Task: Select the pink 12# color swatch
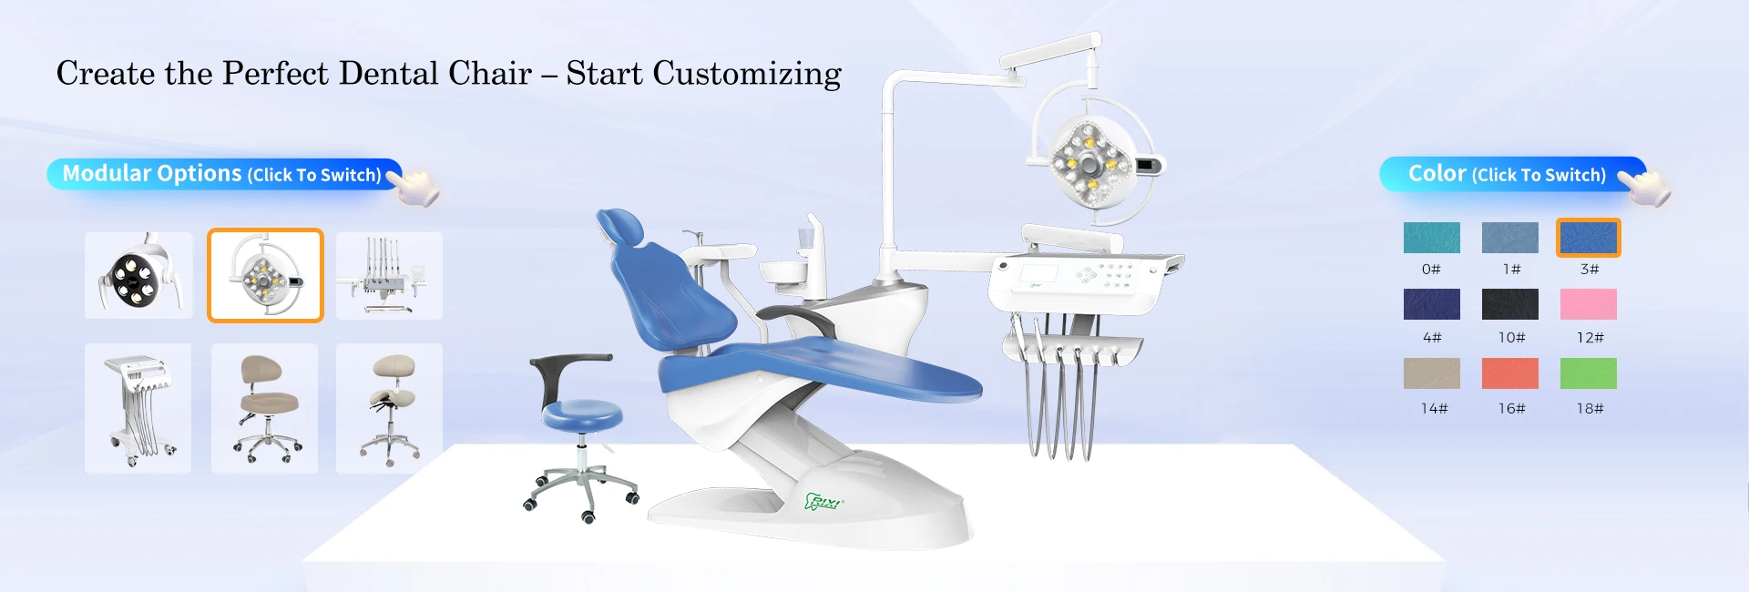(x=1588, y=304)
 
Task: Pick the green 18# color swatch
(x=1588, y=373)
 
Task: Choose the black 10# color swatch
(x=1509, y=304)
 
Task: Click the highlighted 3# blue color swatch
(x=1588, y=238)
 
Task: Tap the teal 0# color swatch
(x=1431, y=238)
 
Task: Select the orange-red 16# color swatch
(x=1509, y=373)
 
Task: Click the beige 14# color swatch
(x=1431, y=373)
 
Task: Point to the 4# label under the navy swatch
(x=1432, y=338)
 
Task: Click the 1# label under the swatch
(x=1511, y=270)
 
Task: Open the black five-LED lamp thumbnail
(x=138, y=275)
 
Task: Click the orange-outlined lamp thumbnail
(x=265, y=275)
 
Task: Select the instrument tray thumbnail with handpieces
(x=389, y=275)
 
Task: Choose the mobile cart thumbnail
(x=138, y=408)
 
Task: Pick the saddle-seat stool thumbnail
(x=389, y=408)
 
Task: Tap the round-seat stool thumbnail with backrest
(x=264, y=408)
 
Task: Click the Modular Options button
(x=224, y=174)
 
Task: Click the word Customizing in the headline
(x=747, y=74)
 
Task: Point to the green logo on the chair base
(x=823, y=501)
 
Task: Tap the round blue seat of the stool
(x=582, y=414)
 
